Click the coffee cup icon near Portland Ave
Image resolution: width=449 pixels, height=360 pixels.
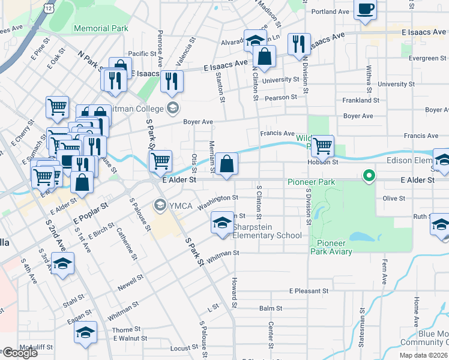pyautogui.click(x=365, y=10)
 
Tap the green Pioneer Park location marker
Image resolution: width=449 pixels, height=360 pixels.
pyautogui.click(x=369, y=176)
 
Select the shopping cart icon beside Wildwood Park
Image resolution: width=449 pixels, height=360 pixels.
pyautogui.click(x=323, y=145)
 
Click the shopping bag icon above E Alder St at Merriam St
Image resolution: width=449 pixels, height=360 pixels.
pyautogui.click(x=227, y=163)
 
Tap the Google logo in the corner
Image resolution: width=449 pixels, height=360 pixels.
pyautogui.click(x=19, y=353)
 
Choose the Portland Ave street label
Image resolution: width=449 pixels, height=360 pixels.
pyautogui.click(x=330, y=11)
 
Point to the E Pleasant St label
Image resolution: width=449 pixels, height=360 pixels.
pyautogui.click(x=309, y=290)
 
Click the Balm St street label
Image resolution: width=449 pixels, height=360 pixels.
pyautogui.click(x=271, y=308)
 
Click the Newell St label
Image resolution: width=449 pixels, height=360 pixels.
pyautogui.click(x=130, y=283)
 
